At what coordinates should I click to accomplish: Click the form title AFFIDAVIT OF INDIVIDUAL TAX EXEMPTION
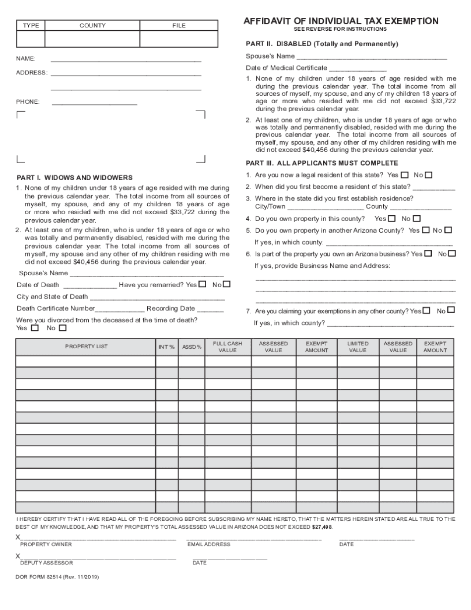[341, 21]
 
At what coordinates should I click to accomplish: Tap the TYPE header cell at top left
[31, 25]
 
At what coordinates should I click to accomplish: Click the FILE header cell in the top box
[179, 25]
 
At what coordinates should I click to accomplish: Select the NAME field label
[26, 59]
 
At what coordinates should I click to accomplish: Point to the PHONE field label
[28, 102]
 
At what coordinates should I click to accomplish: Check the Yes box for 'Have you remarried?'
[202, 285]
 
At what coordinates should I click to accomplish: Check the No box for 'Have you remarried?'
[227, 285]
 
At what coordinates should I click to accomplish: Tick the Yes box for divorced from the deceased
[35, 328]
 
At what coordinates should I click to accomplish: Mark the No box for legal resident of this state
[429, 175]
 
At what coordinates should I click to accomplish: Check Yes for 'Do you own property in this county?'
[392, 218]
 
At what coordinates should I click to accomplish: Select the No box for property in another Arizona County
[448, 230]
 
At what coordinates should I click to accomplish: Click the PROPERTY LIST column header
[86, 346]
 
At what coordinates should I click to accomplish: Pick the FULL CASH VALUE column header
[228, 347]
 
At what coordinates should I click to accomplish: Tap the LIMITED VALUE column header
[357, 347]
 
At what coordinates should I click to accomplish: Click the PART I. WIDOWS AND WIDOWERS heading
[74, 178]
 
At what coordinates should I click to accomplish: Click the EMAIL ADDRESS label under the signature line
[209, 544]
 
